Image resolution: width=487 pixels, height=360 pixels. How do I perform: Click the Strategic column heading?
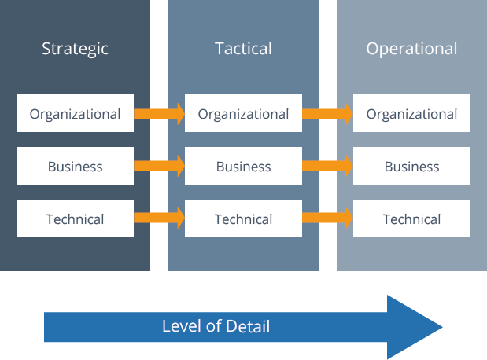click(x=75, y=49)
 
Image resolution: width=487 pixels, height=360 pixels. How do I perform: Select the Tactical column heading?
click(x=243, y=49)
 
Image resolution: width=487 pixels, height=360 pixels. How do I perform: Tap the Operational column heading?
click(x=411, y=49)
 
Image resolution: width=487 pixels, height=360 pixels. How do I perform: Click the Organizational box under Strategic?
click(x=75, y=114)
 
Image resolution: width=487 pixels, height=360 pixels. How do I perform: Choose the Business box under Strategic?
click(x=75, y=167)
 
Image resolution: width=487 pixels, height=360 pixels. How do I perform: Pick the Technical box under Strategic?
click(x=75, y=219)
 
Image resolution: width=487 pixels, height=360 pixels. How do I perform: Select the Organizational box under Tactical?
click(x=243, y=114)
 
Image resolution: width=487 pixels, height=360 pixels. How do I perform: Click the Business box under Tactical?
click(x=243, y=167)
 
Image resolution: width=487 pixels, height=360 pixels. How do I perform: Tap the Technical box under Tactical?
click(x=243, y=219)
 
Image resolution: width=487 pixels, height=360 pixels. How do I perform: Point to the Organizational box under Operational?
click(x=411, y=114)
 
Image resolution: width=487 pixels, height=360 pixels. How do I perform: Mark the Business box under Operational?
click(x=411, y=167)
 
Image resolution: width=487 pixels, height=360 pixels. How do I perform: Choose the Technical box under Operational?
click(x=411, y=219)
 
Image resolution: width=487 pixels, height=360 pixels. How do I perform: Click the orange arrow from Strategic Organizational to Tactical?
click(x=159, y=114)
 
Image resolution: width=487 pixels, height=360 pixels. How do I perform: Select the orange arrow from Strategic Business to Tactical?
click(x=159, y=166)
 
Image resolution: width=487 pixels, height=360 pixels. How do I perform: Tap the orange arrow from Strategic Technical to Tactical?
click(x=159, y=219)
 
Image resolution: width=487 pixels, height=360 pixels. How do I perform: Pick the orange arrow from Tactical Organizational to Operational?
click(x=327, y=114)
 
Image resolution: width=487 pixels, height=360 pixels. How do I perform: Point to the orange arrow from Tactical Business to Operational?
click(x=327, y=166)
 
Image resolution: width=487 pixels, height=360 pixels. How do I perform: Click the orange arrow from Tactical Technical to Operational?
click(x=327, y=219)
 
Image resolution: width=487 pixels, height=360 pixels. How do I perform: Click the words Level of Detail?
click(x=216, y=326)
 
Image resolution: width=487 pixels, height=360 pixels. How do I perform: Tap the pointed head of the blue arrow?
click(x=417, y=327)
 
